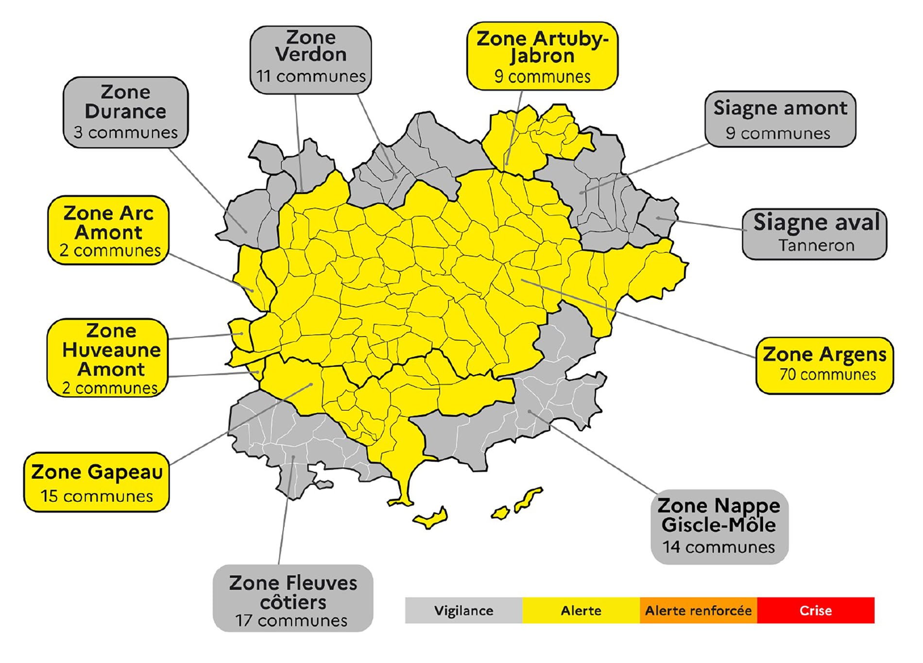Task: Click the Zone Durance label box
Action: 125,112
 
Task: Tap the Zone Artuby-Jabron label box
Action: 542,56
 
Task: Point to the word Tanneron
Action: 816,245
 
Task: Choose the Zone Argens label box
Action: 824,365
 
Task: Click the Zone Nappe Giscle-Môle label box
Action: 719,526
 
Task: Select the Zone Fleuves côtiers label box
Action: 293,598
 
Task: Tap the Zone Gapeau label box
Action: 97,482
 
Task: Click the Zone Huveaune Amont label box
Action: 107,358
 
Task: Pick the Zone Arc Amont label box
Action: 108,230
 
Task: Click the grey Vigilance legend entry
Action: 463,611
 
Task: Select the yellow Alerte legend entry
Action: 581,611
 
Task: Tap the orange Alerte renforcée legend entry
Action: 698,611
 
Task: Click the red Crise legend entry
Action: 816,611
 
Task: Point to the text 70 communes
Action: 828,375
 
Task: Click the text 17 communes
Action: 291,621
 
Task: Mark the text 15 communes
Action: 97,496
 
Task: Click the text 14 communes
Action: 718,547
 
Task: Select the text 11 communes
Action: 311,76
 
